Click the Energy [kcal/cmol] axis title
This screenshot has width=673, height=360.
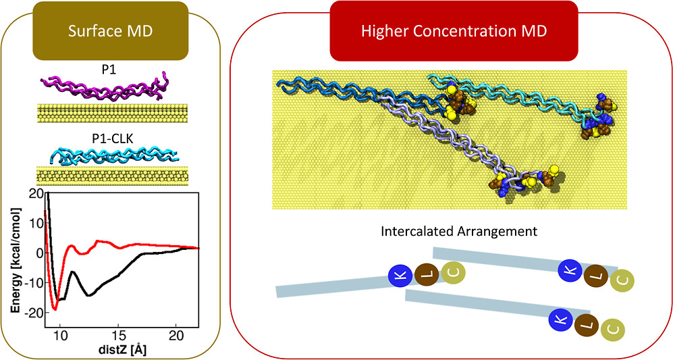(16, 253)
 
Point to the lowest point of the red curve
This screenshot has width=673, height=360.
(55, 309)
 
